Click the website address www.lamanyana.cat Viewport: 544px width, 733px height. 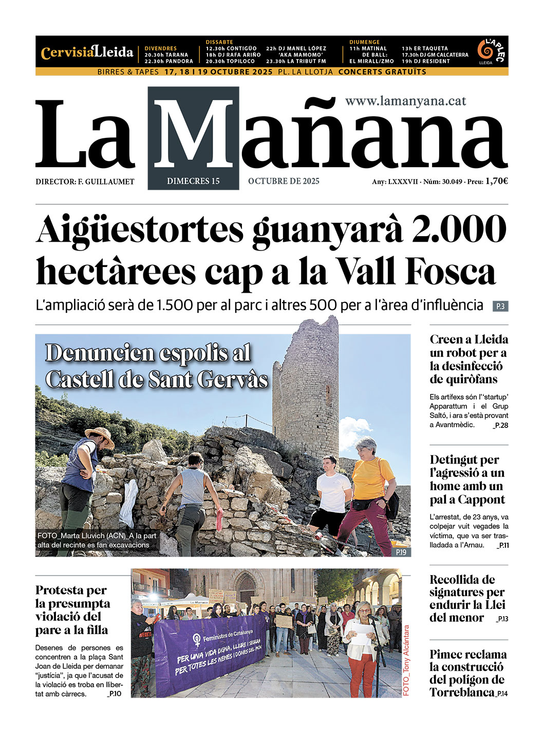point(405,101)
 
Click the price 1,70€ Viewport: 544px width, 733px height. point(496,181)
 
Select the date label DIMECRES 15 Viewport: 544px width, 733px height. point(193,181)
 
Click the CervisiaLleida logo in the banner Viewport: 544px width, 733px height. point(87,52)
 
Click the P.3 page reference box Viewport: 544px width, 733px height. point(500,307)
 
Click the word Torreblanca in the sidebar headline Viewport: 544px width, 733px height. point(462,692)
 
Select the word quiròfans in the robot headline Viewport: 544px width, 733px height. point(463,380)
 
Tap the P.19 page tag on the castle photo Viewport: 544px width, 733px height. point(401,552)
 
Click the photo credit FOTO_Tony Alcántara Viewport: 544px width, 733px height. point(406,660)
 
